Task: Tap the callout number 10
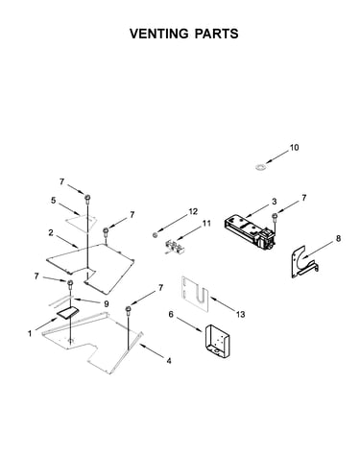[x=294, y=148]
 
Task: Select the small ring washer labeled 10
[x=261, y=167]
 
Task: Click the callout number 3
[x=275, y=202]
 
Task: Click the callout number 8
[x=338, y=239]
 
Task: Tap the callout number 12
[x=193, y=211]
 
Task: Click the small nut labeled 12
[x=155, y=235]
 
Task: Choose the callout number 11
[x=206, y=223]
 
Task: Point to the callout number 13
[x=240, y=314]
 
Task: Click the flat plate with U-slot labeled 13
[x=195, y=294]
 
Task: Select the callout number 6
[x=171, y=314]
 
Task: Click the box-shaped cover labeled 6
[x=218, y=341]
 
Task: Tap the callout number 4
[x=169, y=361]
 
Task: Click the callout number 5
[x=53, y=201]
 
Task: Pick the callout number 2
[x=51, y=232]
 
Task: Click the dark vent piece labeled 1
[x=67, y=312]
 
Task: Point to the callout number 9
[x=107, y=303]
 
